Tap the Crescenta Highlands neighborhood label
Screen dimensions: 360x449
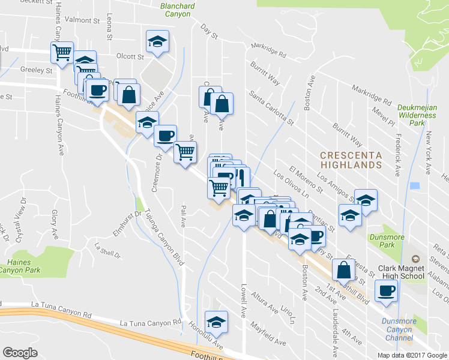(351, 159)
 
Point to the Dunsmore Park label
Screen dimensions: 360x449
(382, 241)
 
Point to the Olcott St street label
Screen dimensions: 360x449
(130, 57)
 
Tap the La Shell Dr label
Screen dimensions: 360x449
(108, 245)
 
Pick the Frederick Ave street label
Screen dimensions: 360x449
(397, 154)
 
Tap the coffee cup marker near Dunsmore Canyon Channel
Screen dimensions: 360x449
(386, 291)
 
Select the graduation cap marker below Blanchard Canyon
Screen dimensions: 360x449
(157, 41)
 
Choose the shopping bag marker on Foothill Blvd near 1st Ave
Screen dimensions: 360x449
(343, 270)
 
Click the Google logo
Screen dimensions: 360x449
(20, 353)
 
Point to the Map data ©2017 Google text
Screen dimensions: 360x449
(412, 355)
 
